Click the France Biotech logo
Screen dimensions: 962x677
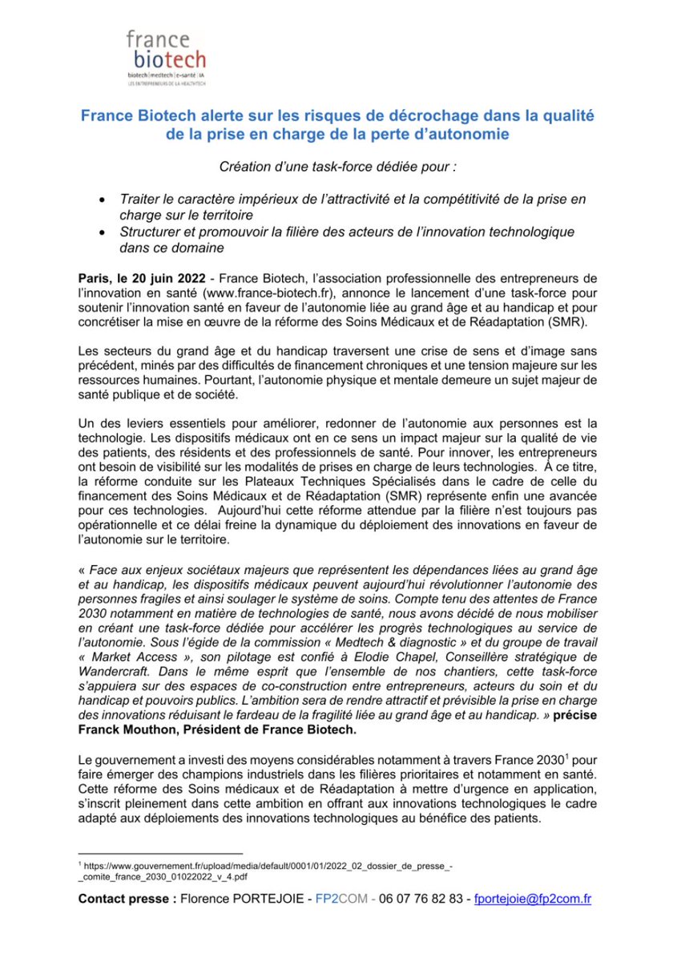point(166,58)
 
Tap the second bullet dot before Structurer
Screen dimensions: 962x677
point(101,232)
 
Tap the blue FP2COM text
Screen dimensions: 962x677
point(341,899)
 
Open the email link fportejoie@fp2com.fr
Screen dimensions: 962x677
point(533,899)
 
